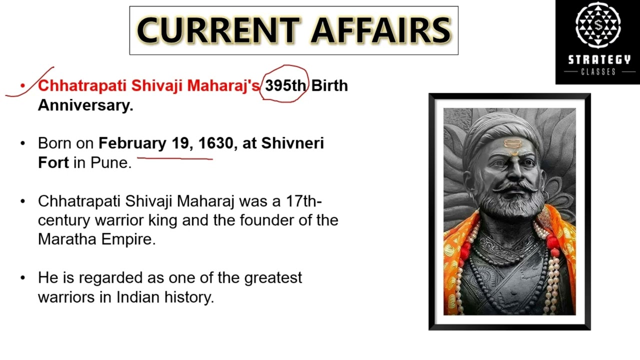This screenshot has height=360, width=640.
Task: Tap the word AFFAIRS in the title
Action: tap(381, 30)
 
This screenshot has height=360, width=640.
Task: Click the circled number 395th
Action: tap(285, 85)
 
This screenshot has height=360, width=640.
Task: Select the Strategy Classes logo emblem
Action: tap(598, 25)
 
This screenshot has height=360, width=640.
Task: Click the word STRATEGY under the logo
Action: tap(599, 60)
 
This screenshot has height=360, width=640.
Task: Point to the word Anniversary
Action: tap(85, 105)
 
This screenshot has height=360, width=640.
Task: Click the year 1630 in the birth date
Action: tap(215, 143)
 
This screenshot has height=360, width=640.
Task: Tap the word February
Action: tap(132, 143)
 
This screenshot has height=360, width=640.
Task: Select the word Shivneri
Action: tap(292, 143)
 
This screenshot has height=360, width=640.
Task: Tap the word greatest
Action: tap(273, 277)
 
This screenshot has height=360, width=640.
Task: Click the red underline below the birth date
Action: tap(175, 158)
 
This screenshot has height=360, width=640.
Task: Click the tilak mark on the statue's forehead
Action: tap(510, 145)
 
